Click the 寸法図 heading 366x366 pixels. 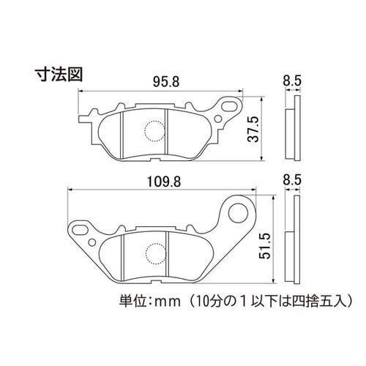tap(59, 74)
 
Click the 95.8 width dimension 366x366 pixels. tap(166, 82)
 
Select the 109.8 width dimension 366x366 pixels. tap(164, 182)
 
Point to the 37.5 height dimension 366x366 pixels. tap(253, 129)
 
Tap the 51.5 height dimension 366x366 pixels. tap(265, 246)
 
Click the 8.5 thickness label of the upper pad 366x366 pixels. tap(292, 81)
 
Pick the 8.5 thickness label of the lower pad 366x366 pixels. tap(292, 180)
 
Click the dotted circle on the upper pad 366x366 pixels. tap(154, 131)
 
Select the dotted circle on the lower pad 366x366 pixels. tap(156, 254)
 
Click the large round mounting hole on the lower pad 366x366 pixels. tap(238, 213)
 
